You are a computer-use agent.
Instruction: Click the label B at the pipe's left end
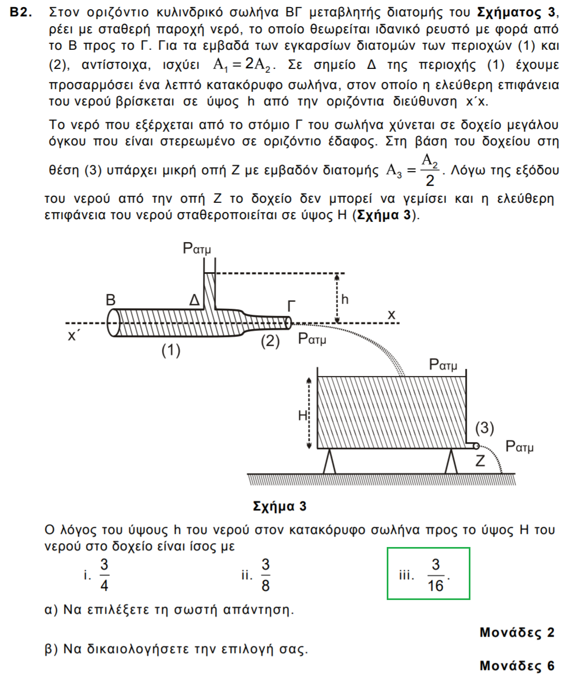point(111,299)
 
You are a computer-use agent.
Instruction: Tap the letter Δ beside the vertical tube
point(194,301)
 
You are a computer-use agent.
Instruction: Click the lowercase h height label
point(345,299)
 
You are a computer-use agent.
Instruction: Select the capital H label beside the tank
point(303,416)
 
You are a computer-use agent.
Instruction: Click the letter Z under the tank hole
point(480,461)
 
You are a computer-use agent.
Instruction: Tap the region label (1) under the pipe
point(171,350)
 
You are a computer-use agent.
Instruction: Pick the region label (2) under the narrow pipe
point(270,342)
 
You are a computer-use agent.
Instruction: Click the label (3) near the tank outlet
point(484,427)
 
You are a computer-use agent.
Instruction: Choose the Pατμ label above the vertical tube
point(196,250)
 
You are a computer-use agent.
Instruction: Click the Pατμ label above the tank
point(443,364)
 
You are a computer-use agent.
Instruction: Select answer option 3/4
point(104,575)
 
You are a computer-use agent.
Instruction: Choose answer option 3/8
point(265,575)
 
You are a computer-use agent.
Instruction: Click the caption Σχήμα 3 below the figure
point(280,506)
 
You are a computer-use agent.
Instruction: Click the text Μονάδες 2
point(516,632)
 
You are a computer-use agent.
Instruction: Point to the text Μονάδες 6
point(516,666)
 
